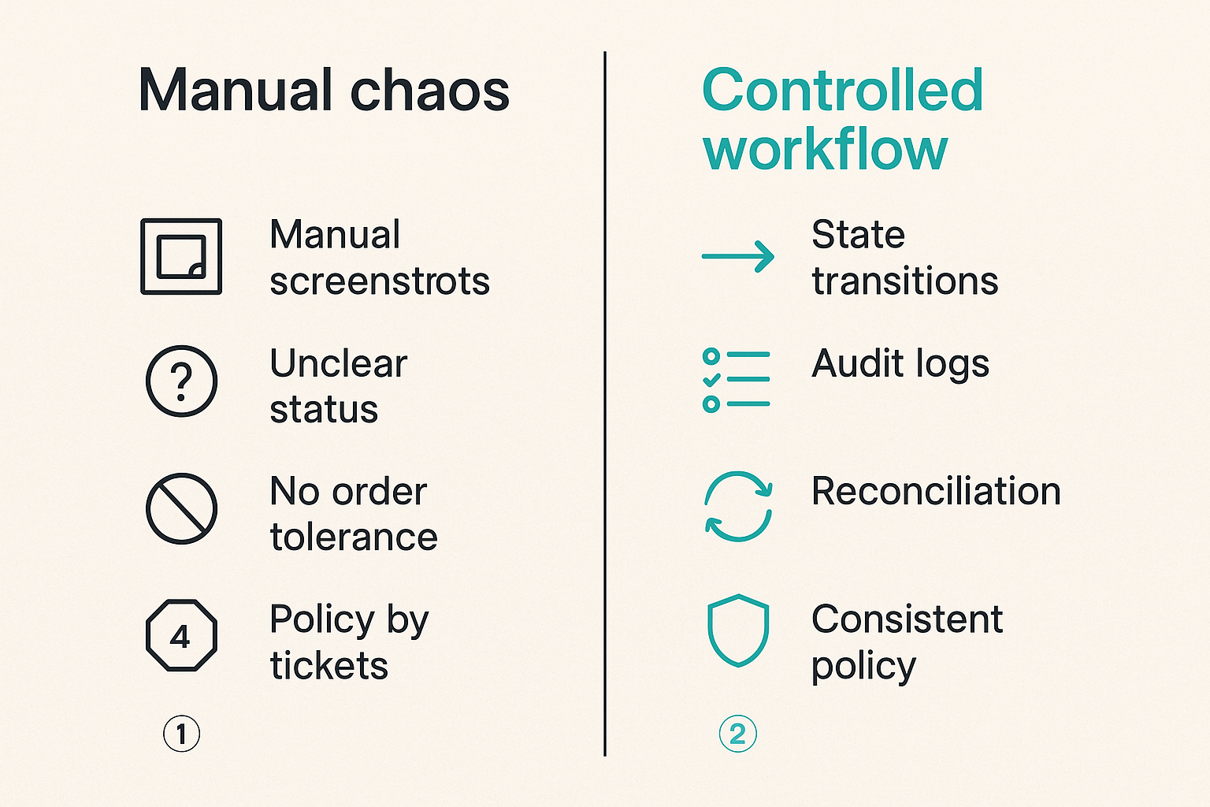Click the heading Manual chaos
[x=324, y=90]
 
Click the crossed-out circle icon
[x=181, y=508]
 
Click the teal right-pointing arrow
[x=738, y=256]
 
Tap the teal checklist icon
[x=737, y=380]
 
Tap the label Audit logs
[x=900, y=365]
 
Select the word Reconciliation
[x=936, y=491]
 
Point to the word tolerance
[x=354, y=537]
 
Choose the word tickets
[x=329, y=664]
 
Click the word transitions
[x=905, y=281]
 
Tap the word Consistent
[x=907, y=619]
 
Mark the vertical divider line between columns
[x=605, y=403]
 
